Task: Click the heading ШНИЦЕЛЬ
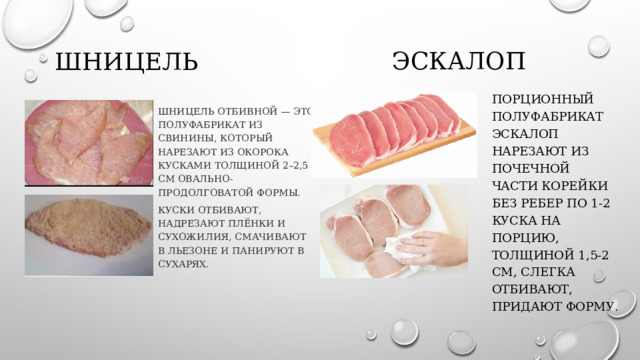127,62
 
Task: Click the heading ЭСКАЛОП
459,61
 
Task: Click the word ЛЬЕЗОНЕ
195,250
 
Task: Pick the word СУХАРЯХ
183,264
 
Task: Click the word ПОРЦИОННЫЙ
542,99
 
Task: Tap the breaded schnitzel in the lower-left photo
88,228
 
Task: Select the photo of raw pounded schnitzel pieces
89,143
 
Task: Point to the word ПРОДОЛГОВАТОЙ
206,192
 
